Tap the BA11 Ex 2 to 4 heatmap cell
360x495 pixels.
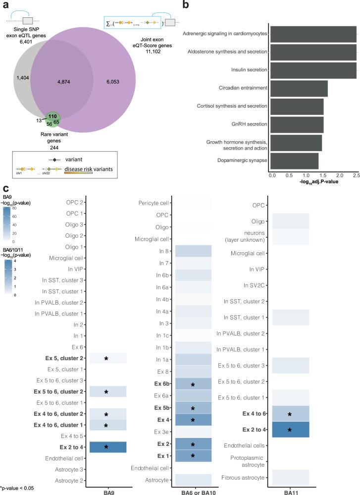(x=288, y=415)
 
